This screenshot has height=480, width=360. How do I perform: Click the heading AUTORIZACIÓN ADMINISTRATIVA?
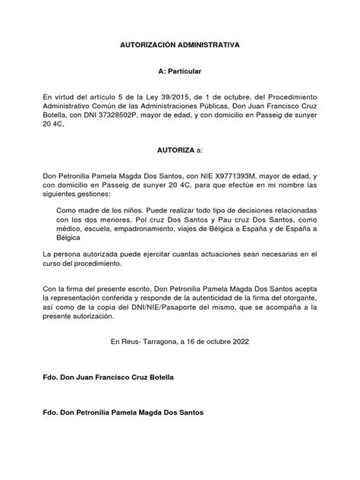click(x=179, y=46)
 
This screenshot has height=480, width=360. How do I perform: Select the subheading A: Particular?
click(x=179, y=71)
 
